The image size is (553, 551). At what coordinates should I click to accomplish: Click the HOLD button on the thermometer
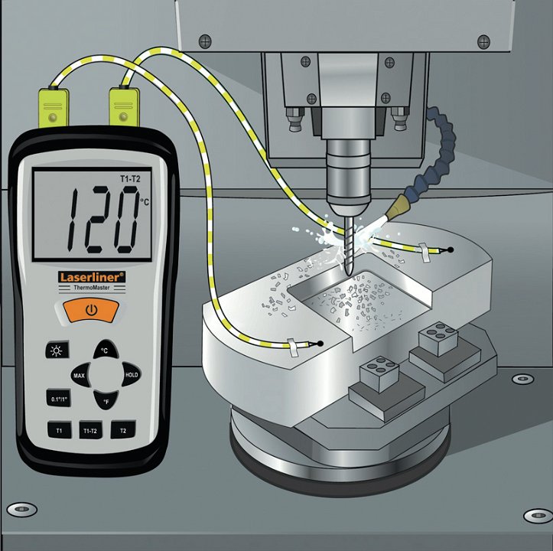(x=132, y=374)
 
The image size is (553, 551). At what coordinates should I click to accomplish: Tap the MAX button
(x=80, y=375)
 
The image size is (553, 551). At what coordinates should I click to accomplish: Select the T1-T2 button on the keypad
(x=91, y=430)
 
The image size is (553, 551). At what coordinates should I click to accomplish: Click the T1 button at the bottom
(x=59, y=430)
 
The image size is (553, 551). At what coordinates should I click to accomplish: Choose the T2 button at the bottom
(x=123, y=429)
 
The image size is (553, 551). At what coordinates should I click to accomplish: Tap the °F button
(x=106, y=401)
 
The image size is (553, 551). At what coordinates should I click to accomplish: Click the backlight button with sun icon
(x=57, y=350)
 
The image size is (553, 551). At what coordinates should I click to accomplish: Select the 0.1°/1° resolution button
(x=59, y=399)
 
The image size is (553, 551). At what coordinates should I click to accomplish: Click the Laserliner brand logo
(x=92, y=277)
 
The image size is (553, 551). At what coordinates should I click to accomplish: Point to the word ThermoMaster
(x=92, y=287)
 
